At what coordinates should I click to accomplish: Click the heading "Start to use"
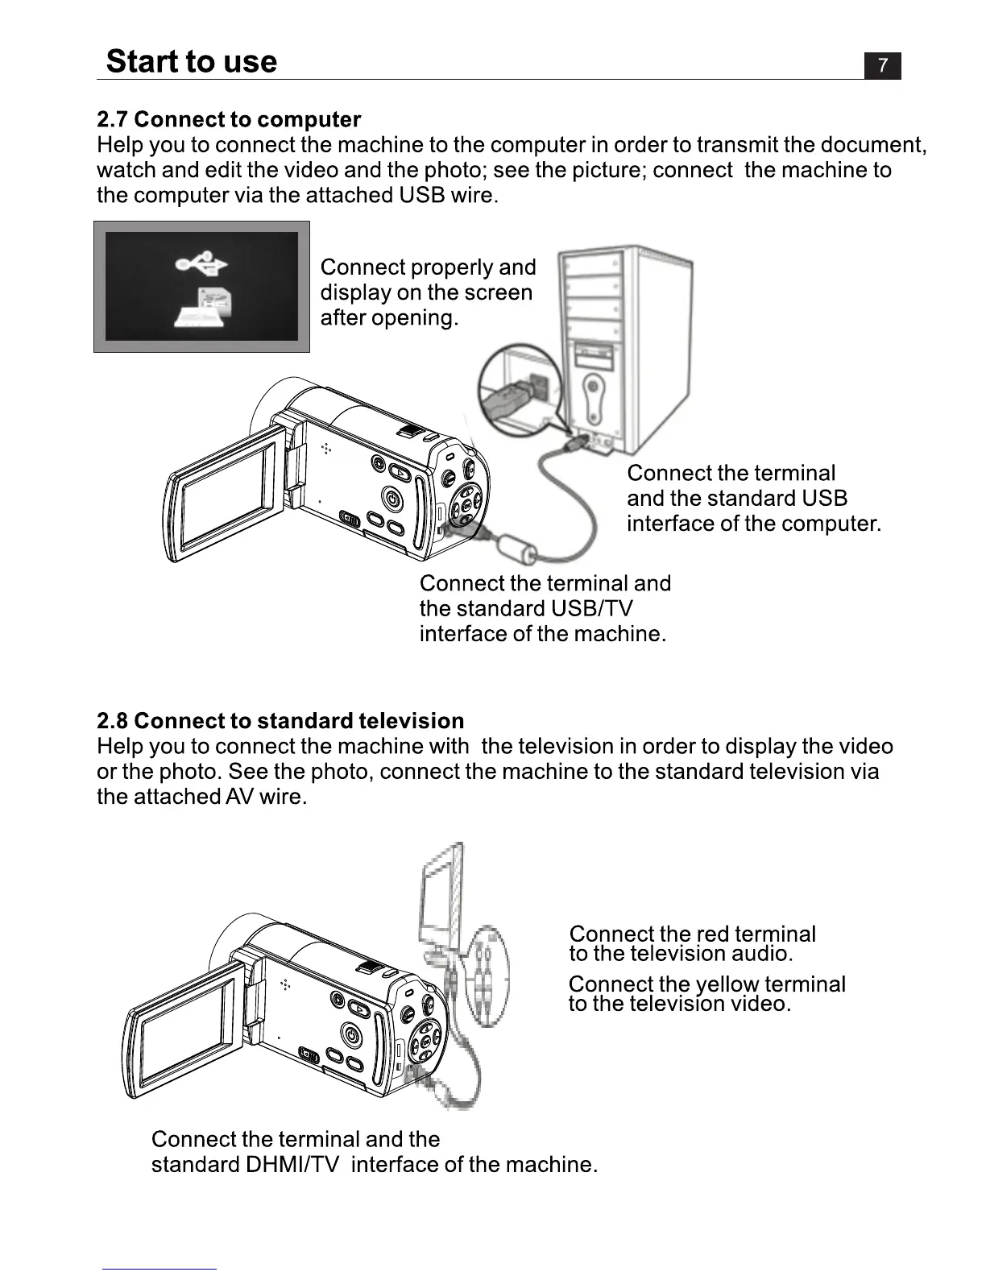(x=192, y=62)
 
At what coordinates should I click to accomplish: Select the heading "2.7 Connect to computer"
(x=229, y=120)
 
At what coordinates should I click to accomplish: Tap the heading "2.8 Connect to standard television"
(x=280, y=721)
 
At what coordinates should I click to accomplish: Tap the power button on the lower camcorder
(x=351, y=1034)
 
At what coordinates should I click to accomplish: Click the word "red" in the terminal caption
(x=711, y=934)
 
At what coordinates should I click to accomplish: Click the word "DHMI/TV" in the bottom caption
(x=292, y=1165)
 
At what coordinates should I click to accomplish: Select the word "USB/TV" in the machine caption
(x=591, y=608)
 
